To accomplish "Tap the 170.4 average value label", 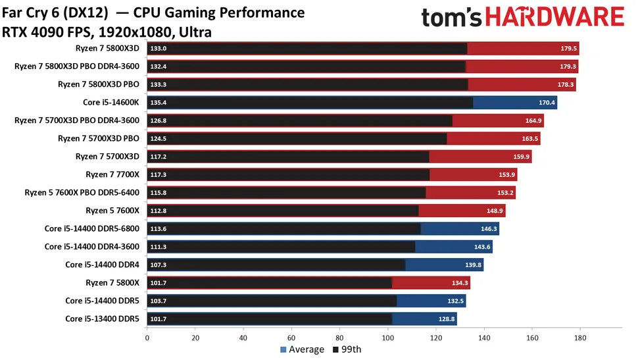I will click(547, 102).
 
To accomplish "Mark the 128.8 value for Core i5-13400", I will click(447, 319).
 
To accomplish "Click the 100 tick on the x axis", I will click(387, 338).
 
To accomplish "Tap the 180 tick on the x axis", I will click(579, 338).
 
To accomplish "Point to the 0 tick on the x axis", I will click(147, 338).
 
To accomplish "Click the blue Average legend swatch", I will click(283, 349).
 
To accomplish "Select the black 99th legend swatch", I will click(336, 349).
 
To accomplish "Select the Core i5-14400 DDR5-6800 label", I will click(92, 228).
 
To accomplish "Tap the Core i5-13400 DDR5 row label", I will click(102, 319).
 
